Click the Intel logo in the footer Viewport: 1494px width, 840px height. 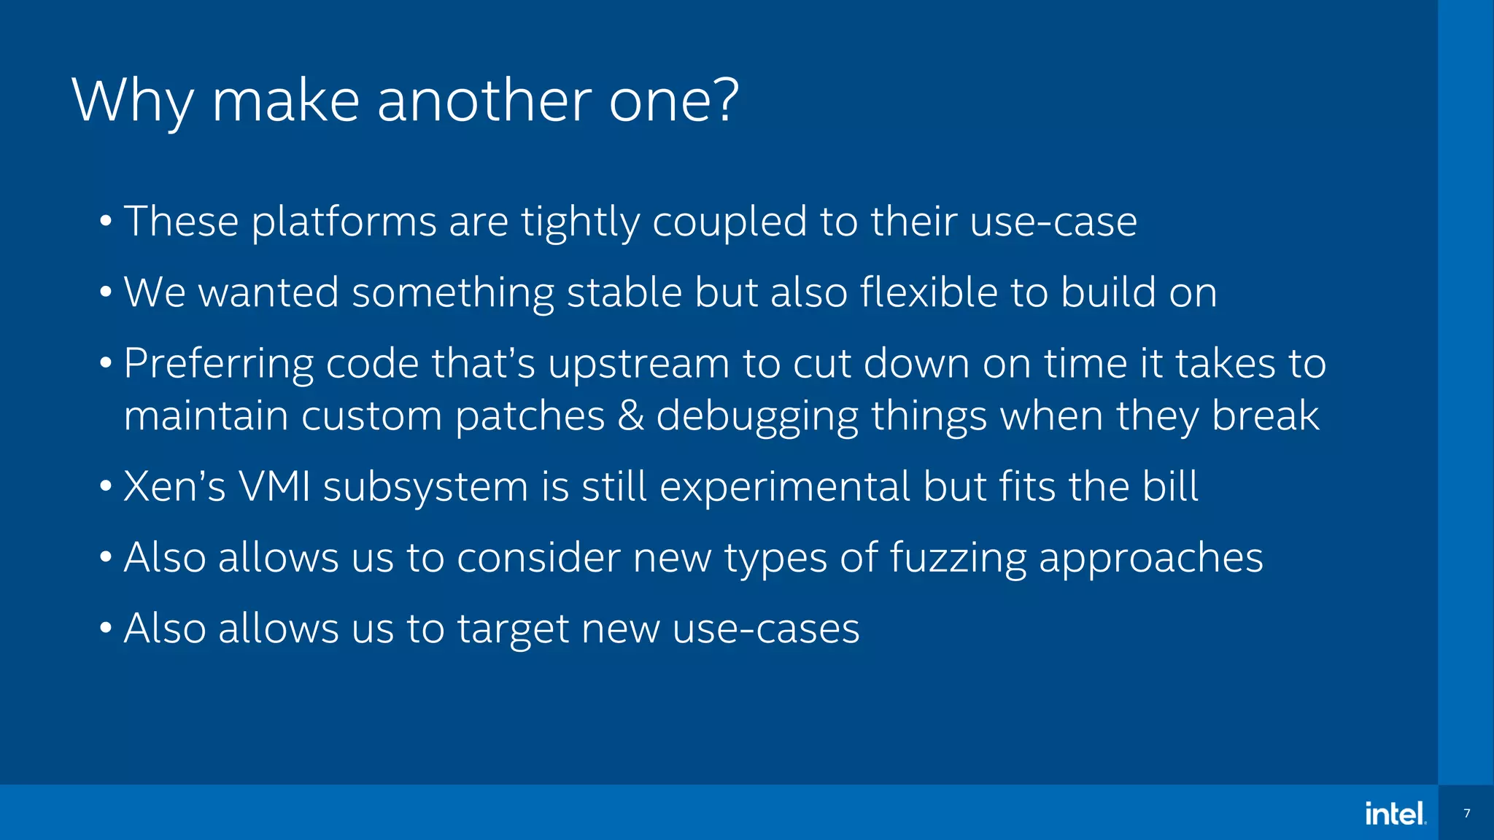(1396, 813)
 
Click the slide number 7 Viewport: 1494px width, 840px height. (1466, 813)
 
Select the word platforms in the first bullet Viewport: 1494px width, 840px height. (344, 222)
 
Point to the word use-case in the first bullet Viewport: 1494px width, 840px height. (1053, 222)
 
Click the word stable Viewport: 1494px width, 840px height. (624, 292)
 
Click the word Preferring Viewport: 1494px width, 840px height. (218, 364)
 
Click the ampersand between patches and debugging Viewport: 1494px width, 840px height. (630, 416)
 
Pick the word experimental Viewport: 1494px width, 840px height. (785, 488)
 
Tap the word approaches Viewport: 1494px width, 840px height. (1150, 559)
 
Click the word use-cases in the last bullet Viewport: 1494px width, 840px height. (766, 629)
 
